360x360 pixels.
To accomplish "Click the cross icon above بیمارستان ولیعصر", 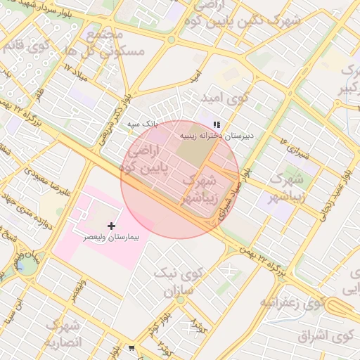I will tap(111, 226).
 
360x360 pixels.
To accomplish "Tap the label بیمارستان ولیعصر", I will tap(112, 238).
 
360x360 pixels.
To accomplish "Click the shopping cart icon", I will tap(132, 348).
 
